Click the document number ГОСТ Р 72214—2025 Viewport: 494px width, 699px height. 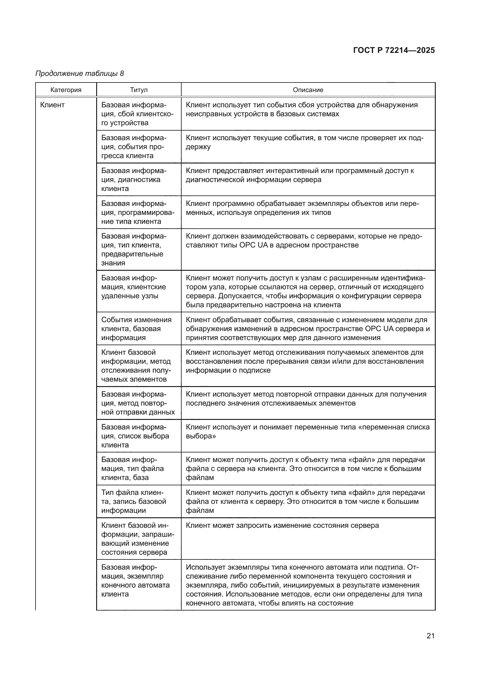point(394,50)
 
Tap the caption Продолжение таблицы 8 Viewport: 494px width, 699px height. point(80,74)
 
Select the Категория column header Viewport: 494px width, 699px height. point(66,90)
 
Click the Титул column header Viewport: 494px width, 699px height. point(139,90)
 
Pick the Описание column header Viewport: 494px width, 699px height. point(308,90)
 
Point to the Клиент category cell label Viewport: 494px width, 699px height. point(52,105)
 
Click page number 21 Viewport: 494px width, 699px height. point(430,635)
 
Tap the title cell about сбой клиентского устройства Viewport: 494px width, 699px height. point(137,114)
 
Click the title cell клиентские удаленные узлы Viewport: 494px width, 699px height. point(134,287)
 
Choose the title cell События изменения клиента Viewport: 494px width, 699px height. point(136,328)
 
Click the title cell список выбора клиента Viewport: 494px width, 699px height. point(135,436)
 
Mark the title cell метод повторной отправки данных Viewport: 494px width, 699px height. point(138,403)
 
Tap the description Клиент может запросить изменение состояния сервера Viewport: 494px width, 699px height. point(282,525)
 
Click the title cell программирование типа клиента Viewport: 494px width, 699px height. point(138,212)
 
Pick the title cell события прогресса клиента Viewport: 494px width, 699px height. point(134,147)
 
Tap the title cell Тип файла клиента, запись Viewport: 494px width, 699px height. point(134,501)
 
